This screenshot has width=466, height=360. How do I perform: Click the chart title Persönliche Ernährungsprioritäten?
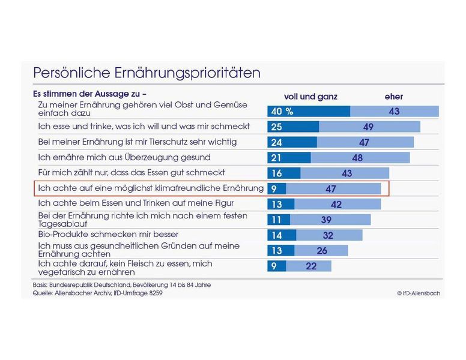(147, 73)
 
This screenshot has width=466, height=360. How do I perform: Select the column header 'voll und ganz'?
(310, 97)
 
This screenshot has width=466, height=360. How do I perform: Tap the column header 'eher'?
(394, 97)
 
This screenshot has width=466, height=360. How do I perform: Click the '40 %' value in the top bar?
(282, 112)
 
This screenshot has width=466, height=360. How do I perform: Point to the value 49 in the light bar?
(369, 127)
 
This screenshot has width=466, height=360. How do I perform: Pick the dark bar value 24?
(277, 142)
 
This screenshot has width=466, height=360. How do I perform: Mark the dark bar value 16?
(276, 173)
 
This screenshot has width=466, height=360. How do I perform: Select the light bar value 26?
(322, 250)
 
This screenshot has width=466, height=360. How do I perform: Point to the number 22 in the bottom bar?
(311, 266)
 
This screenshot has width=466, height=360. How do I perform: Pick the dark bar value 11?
(276, 219)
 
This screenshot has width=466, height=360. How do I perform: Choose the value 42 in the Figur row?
(336, 204)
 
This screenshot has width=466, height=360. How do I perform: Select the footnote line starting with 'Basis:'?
(121, 284)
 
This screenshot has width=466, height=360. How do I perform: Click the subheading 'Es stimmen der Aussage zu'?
(89, 94)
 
